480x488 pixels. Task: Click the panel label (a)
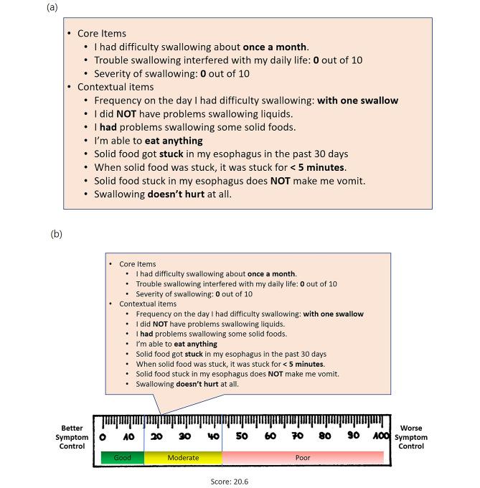coord(52,7)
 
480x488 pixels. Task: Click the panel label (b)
coord(57,235)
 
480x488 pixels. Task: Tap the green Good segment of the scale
coord(122,456)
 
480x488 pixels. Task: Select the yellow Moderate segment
coord(183,456)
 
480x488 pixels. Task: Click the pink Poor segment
coord(302,456)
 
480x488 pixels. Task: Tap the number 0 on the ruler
coord(103,437)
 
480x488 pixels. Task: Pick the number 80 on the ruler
coord(324,436)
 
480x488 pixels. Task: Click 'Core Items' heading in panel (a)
coord(102,34)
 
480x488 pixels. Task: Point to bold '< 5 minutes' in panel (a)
coord(313,167)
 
